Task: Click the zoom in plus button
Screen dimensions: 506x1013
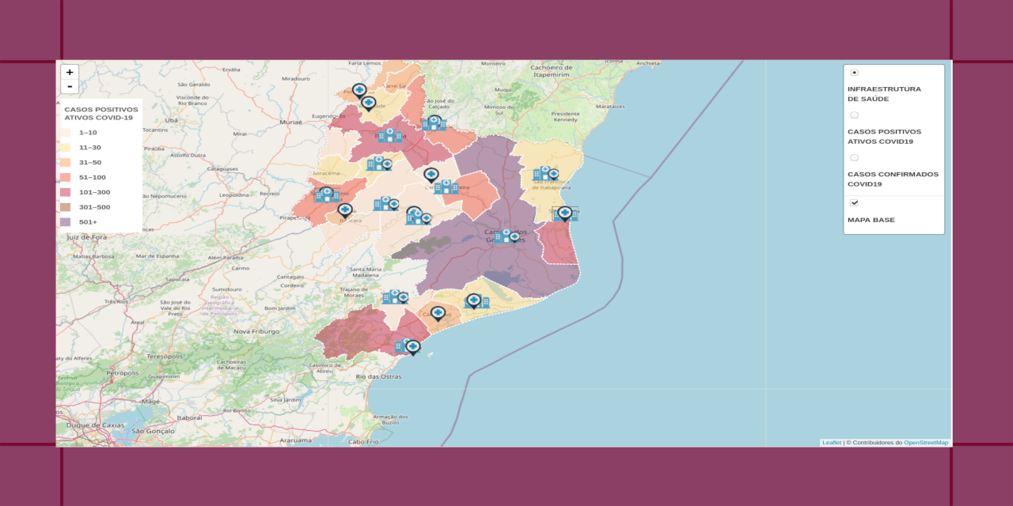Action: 70,72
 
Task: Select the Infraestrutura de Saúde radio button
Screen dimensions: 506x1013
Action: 855,73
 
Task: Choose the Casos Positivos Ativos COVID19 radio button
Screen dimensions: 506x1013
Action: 855,115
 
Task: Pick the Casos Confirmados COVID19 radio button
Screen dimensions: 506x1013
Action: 855,158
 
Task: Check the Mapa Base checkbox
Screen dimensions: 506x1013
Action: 855,203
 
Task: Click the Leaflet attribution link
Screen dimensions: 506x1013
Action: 832,443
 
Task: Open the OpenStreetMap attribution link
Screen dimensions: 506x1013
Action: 926,443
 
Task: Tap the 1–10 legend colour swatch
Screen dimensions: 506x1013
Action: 66,133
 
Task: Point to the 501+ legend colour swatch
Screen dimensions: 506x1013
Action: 66,222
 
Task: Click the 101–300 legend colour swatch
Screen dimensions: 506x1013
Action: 66,192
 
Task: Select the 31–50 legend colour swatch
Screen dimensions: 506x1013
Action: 66,162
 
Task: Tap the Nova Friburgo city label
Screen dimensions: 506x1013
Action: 253,331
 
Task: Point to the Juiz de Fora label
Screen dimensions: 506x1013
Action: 86,236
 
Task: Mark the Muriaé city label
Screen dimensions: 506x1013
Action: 291,123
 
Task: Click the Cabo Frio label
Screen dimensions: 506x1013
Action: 360,441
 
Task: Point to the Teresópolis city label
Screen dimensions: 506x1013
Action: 165,357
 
